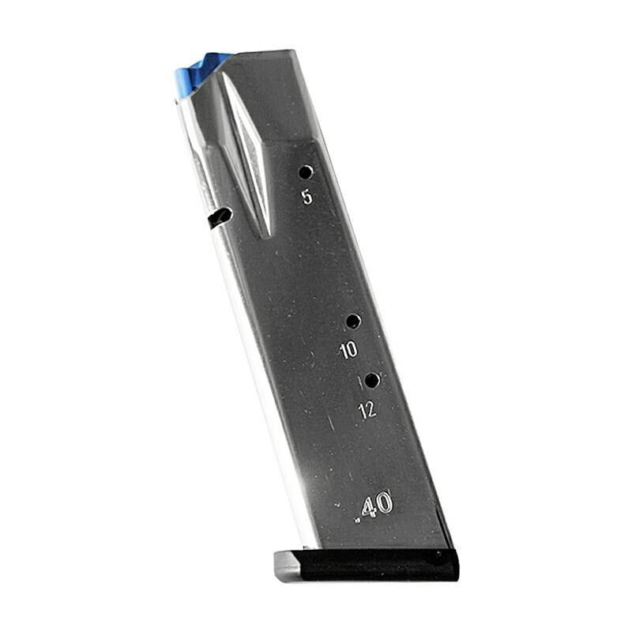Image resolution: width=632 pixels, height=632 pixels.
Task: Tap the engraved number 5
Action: coord(307,197)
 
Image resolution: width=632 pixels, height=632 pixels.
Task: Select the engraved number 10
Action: coord(348,350)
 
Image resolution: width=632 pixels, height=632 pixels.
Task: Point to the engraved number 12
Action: coord(367,410)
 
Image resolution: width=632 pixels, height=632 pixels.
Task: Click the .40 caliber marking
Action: coord(373,505)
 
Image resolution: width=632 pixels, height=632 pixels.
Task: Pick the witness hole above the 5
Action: coord(306,172)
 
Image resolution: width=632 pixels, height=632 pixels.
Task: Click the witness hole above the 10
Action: coord(353,322)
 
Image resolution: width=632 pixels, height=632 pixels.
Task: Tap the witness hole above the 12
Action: coord(372,380)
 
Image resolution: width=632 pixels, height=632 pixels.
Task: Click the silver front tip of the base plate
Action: coord(286,566)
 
